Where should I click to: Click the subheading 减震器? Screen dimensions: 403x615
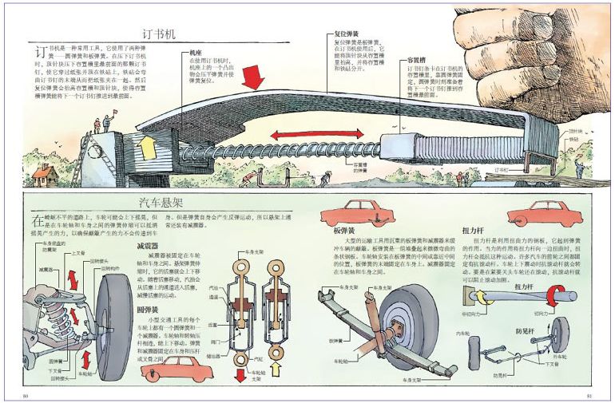pyautogui.click(x=147, y=247)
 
